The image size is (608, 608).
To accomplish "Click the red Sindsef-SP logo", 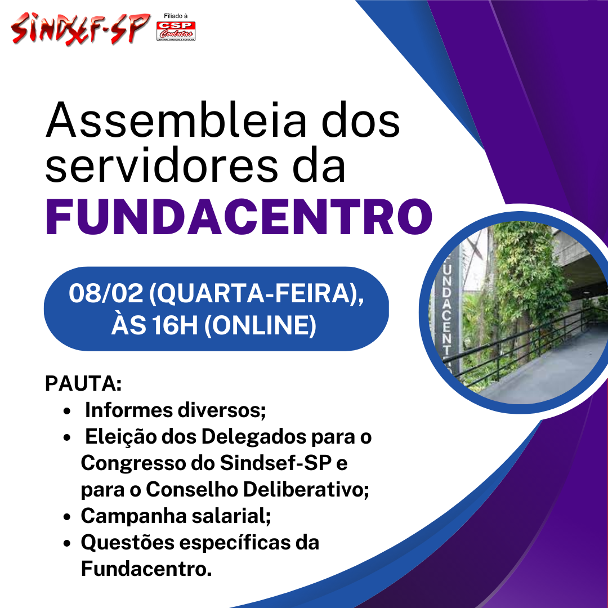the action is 81,28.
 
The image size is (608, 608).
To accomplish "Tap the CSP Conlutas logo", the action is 176,31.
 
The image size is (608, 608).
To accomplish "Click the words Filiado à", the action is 176,16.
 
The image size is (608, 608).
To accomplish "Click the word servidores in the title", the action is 162,166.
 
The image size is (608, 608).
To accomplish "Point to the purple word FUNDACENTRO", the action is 239,217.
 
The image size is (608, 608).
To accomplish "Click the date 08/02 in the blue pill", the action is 106,293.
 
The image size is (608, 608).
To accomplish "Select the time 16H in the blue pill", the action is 175,325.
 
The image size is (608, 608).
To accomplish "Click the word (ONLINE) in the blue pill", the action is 260,325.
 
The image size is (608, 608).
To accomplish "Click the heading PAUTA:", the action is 83,383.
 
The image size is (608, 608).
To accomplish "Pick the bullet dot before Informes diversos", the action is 68,411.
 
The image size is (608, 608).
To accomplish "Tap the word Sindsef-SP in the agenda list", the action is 276,463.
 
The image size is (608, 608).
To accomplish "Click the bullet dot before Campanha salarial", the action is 68,517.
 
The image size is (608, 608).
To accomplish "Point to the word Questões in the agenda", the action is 128,543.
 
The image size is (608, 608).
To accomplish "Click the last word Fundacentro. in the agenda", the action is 146,569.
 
